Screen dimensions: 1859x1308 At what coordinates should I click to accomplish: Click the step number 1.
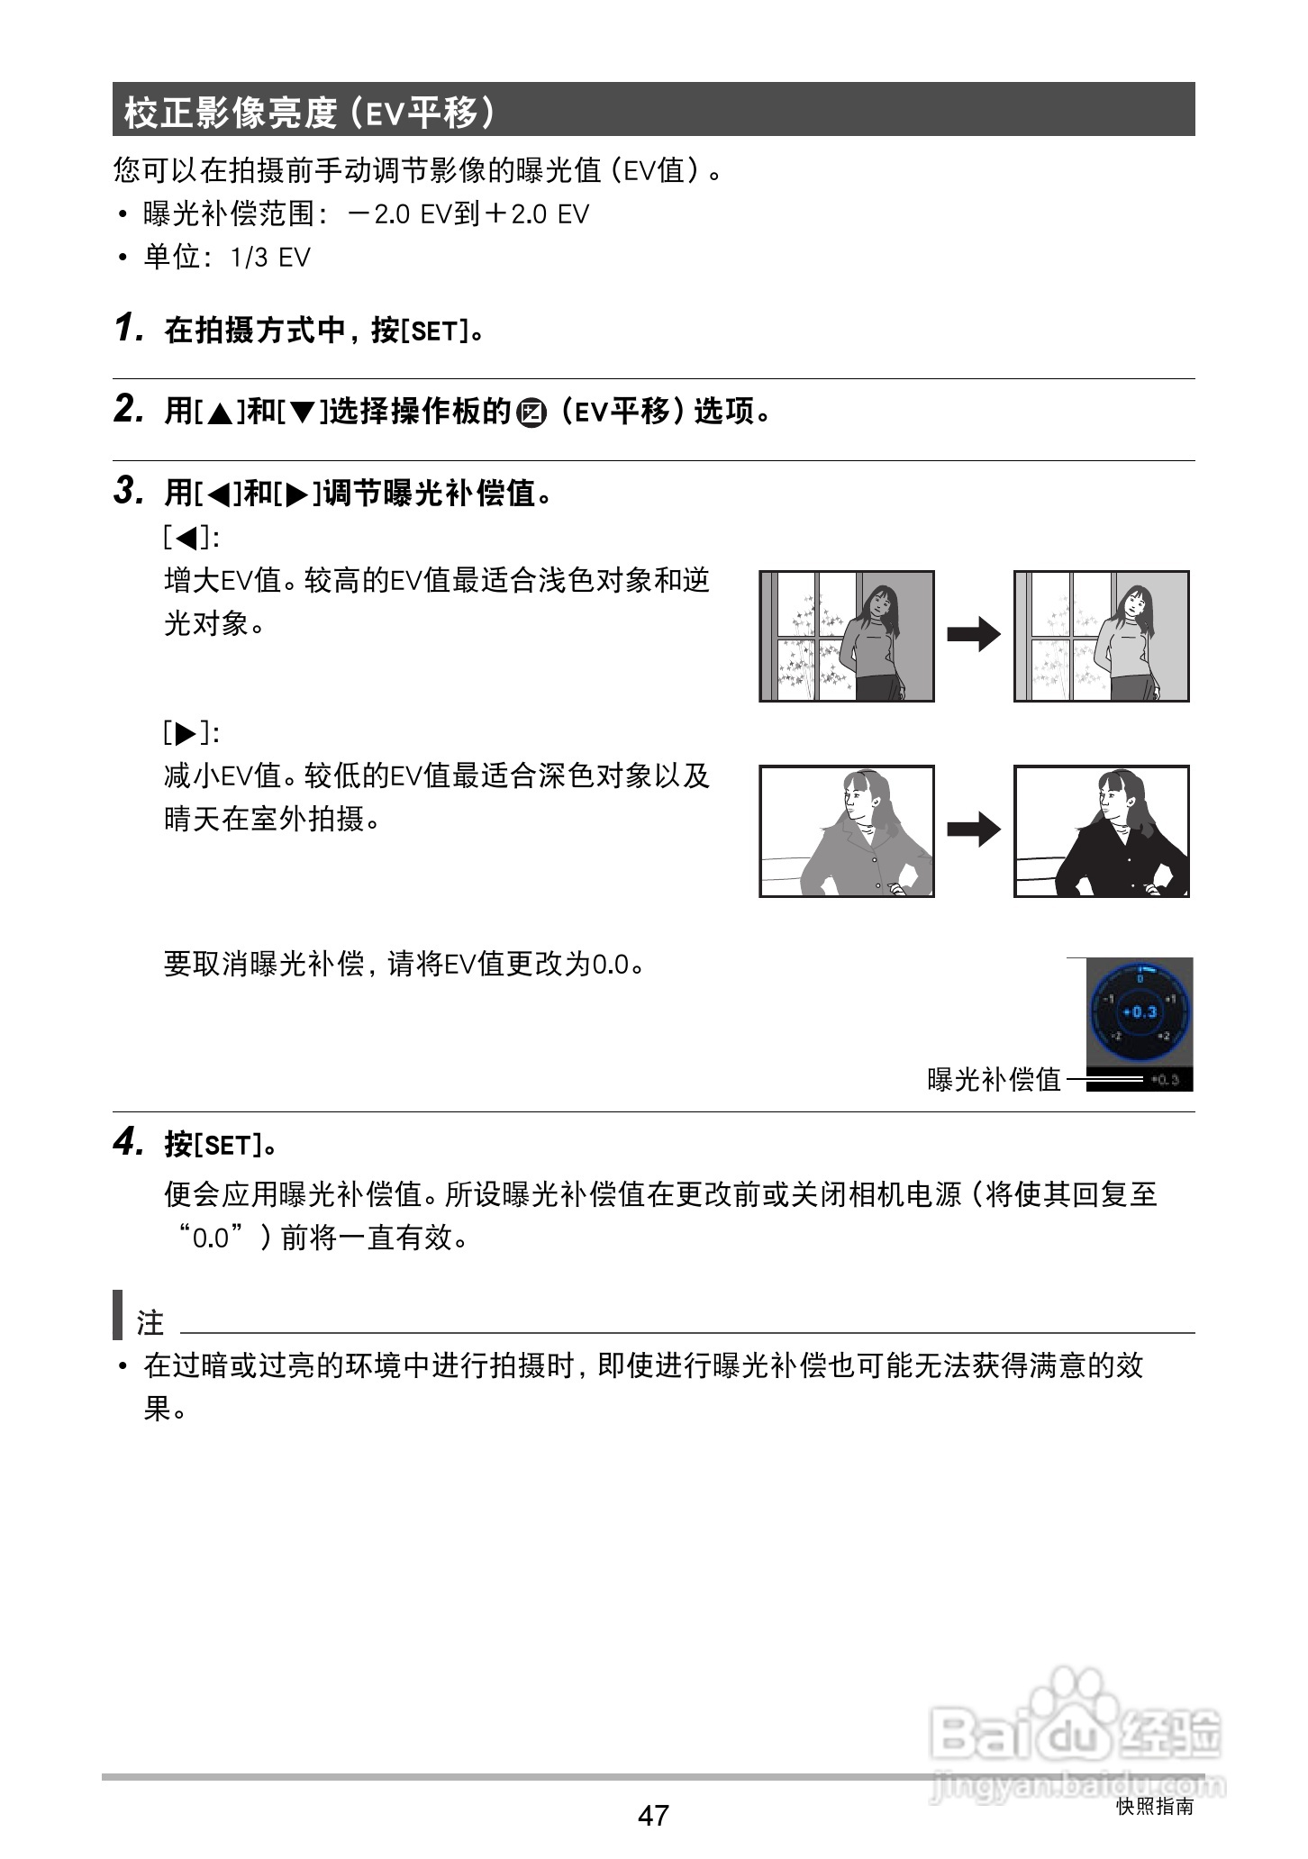click(129, 329)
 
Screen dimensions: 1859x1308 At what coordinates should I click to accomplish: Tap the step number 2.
click(129, 410)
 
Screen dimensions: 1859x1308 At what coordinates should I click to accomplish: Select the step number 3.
click(129, 491)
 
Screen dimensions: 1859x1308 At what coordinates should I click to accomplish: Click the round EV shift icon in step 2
click(532, 413)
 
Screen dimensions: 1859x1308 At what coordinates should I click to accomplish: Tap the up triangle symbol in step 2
click(219, 413)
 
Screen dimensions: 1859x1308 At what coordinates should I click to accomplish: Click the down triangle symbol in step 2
click(304, 413)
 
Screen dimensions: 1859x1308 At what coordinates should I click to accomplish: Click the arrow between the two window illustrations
click(974, 635)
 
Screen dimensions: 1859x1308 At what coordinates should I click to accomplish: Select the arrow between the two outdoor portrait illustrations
click(974, 830)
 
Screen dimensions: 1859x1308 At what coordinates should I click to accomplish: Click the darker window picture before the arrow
click(846, 636)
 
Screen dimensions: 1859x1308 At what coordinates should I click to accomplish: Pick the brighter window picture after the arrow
click(1101, 636)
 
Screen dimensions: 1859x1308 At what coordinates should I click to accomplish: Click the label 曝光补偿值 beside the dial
click(995, 1078)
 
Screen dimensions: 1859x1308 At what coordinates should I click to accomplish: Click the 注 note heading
click(150, 1322)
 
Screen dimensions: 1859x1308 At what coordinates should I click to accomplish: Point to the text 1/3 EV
click(270, 258)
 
